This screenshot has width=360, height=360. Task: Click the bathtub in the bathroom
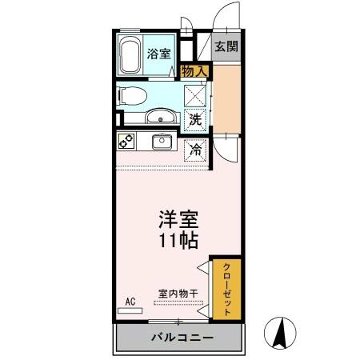point(130,54)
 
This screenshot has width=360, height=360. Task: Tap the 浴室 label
point(158,54)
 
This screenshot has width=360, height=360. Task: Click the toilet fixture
point(132,96)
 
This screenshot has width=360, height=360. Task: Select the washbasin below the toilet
point(161,116)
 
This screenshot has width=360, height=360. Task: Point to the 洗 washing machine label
point(195,120)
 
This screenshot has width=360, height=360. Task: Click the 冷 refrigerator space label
point(195,150)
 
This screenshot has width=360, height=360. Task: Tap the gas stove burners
point(126,141)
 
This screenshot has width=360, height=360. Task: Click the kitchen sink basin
point(162,142)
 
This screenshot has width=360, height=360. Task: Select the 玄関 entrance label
point(226,46)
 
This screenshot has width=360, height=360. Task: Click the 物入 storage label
point(194,71)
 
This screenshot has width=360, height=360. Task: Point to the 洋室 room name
point(178,219)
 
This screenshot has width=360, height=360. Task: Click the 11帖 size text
point(178,241)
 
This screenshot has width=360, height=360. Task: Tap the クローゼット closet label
point(226,290)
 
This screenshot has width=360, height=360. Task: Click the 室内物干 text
point(178,294)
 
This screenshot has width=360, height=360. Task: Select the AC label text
point(130,302)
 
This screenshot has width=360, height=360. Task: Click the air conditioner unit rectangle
point(130,310)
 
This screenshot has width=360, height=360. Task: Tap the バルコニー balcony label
point(182,338)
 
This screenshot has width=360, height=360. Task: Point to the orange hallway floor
point(226,98)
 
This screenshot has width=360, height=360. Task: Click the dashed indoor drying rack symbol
point(178,303)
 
